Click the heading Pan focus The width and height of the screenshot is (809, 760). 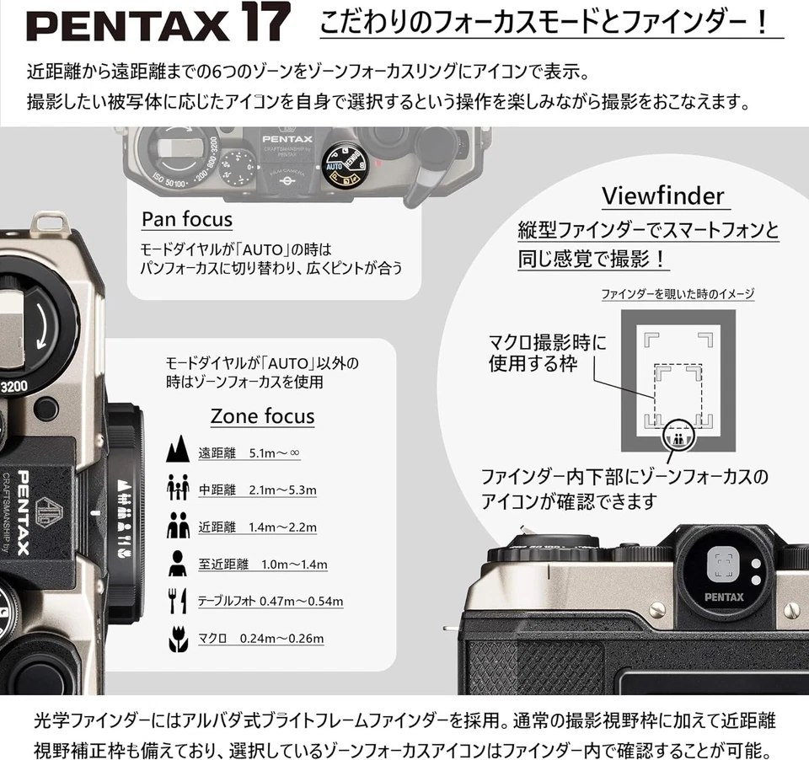tap(186, 220)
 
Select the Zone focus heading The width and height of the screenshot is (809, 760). tap(262, 416)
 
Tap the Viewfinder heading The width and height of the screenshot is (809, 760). tap(662, 196)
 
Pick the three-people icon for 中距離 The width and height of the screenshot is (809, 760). tap(178, 488)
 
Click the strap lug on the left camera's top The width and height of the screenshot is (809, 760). tap(48, 224)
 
